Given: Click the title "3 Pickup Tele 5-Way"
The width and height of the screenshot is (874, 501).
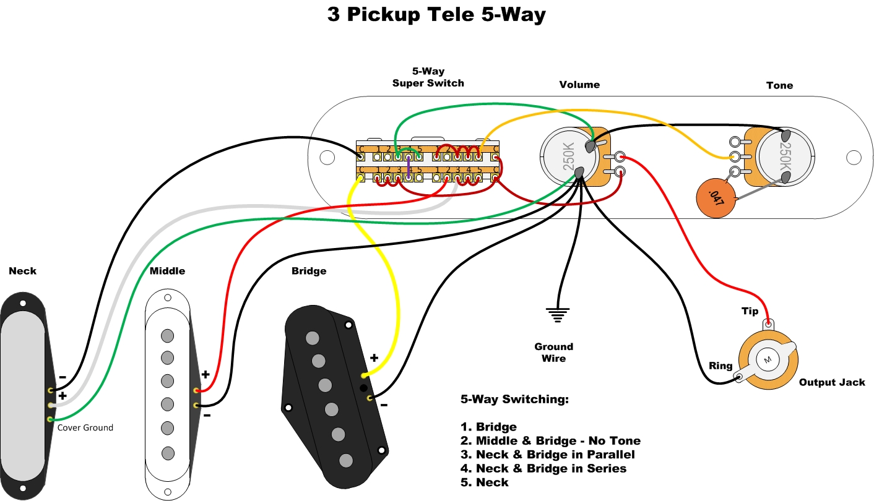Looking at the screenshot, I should pyautogui.click(x=436, y=15).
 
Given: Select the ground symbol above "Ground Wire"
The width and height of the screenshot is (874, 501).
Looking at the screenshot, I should pyautogui.click(x=557, y=314).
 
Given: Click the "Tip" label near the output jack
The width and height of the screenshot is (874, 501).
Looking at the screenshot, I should pyautogui.click(x=750, y=311).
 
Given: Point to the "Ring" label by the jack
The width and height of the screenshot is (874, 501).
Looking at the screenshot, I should pyautogui.click(x=720, y=366).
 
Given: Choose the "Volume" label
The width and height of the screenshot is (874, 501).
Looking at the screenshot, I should pyautogui.click(x=579, y=85).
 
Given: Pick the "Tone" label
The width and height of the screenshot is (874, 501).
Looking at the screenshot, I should pyautogui.click(x=779, y=85).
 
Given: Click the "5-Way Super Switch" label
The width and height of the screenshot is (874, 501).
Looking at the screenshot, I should pyautogui.click(x=428, y=77).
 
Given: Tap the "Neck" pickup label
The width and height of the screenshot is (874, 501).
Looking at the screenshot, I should pyautogui.click(x=23, y=271).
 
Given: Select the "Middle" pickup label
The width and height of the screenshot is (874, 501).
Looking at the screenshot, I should pyautogui.click(x=167, y=271).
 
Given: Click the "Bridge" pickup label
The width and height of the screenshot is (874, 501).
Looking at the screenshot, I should pyautogui.click(x=309, y=271).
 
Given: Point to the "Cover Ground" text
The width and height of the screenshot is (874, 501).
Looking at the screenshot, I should pyautogui.click(x=85, y=427).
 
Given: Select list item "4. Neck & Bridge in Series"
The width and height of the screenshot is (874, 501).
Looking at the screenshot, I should pyautogui.click(x=543, y=468).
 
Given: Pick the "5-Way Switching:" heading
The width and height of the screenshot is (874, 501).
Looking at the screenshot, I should pyautogui.click(x=514, y=400).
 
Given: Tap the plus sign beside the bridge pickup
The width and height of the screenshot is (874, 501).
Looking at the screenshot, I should pyautogui.click(x=374, y=358).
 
